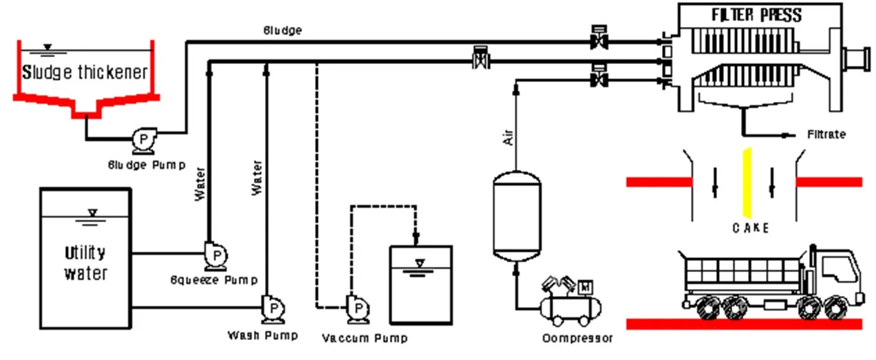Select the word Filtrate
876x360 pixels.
pyautogui.click(x=826, y=134)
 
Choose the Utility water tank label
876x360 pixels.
pyautogui.click(x=85, y=263)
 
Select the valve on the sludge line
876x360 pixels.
pyautogui.click(x=598, y=42)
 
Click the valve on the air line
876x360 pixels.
pyautogui.click(x=598, y=81)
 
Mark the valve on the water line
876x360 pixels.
pyautogui.click(x=480, y=61)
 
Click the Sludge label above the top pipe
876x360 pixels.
pyautogui.click(x=282, y=30)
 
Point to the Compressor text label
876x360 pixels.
pyautogui.click(x=577, y=338)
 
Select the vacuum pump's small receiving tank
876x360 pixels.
pyautogui.click(x=420, y=284)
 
